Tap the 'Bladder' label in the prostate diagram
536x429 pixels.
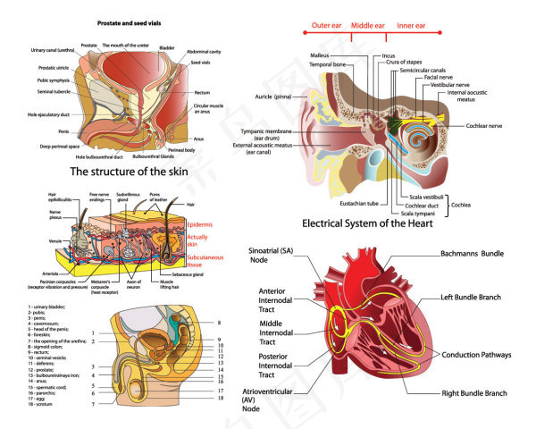click(x=167, y=48)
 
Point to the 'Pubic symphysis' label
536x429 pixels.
click(x=53, y=80)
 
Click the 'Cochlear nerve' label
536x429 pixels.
click(x=489, y=126)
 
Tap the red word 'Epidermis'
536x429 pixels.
click(x=200, y=223)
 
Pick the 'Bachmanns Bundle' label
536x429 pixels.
click(x=480, y=254)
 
